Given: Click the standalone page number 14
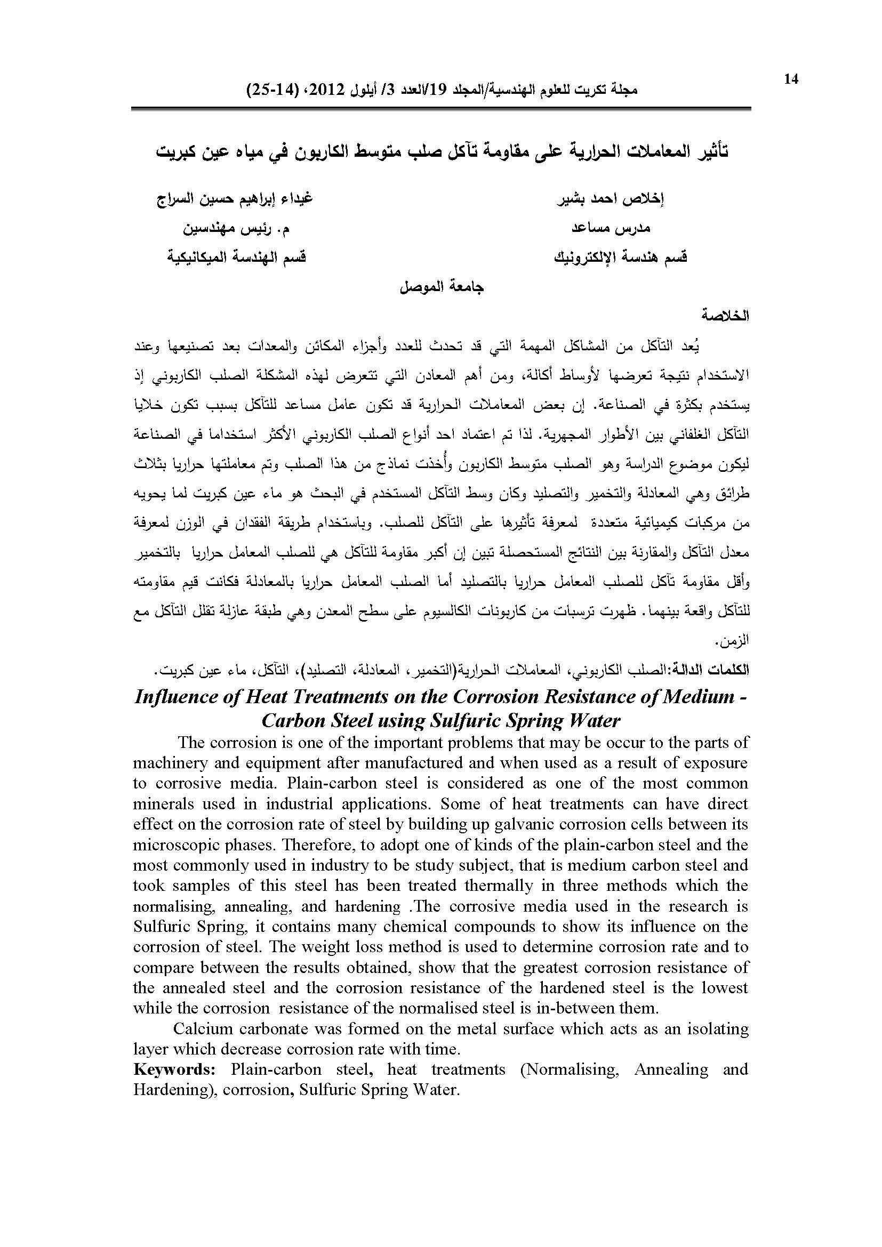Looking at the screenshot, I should click(x=791, y=79).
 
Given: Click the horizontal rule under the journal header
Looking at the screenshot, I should click(x=440, y=109).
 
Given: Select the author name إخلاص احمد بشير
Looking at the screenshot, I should click(x=611, y=199).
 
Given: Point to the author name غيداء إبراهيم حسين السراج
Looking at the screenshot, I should click(x=234, y=199).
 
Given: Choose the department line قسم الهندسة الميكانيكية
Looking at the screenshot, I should click(x=236, y=257).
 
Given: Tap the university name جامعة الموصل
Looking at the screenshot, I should click(x=442, y=286).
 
